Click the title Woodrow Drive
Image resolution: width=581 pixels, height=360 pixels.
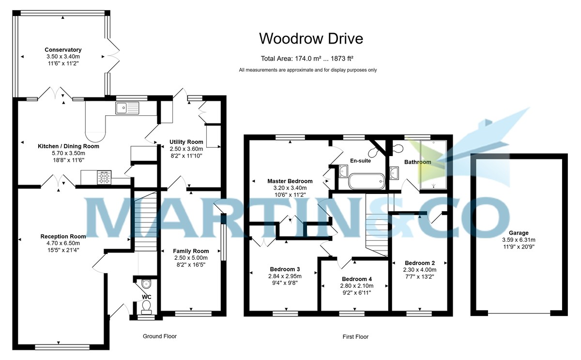click(x=311, y=38)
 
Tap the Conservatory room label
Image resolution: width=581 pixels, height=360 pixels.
click(x=63, y=50)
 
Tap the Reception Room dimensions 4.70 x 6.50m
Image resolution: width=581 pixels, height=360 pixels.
click(x=63, y=243)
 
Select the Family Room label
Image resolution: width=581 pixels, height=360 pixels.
click(x=191, y=251)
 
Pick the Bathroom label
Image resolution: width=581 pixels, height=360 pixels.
click(x=418, y=162)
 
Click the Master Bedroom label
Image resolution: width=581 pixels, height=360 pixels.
click(x=290, y=181)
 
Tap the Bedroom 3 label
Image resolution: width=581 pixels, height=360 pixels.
click(x=285, y=269)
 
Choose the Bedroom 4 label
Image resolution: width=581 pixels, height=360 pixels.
click(x=357, y=279)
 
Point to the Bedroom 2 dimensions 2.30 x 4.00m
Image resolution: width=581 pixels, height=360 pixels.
click(x=420, y=270)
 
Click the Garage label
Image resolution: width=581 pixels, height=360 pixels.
click(x=519, y=233)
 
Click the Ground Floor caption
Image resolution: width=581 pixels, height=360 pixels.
click(x=160, y=336)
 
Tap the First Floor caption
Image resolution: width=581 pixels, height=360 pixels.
click(x=355, y=336)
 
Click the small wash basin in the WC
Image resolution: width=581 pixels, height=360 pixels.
click(x=145, y=283)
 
